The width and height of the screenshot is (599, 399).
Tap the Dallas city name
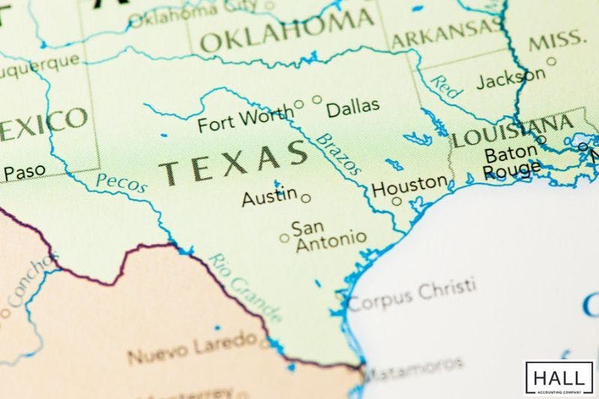pyautogui.click(x=353, y=109)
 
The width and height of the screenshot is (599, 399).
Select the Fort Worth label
pyautogui.click(x=245, y=120)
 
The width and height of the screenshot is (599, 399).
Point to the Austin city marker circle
pyautogui.click(x=305, y=198)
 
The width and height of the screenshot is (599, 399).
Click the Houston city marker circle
pyautogui.click(x=396, y=201)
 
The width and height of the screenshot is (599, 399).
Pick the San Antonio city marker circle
pyautogui.click(x=285, y=239)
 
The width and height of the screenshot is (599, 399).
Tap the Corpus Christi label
pyautogui.click(x=412, y=294)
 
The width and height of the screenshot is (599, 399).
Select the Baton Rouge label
pyautogui.click(x=511, y=162)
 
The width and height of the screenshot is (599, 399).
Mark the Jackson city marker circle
pyautogui.click(x=551, y=62)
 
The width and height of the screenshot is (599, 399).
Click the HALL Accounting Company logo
pyautogui.click(x=559, y=377)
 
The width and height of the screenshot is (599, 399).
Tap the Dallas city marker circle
pyautogui.click(x=317, y=99)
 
